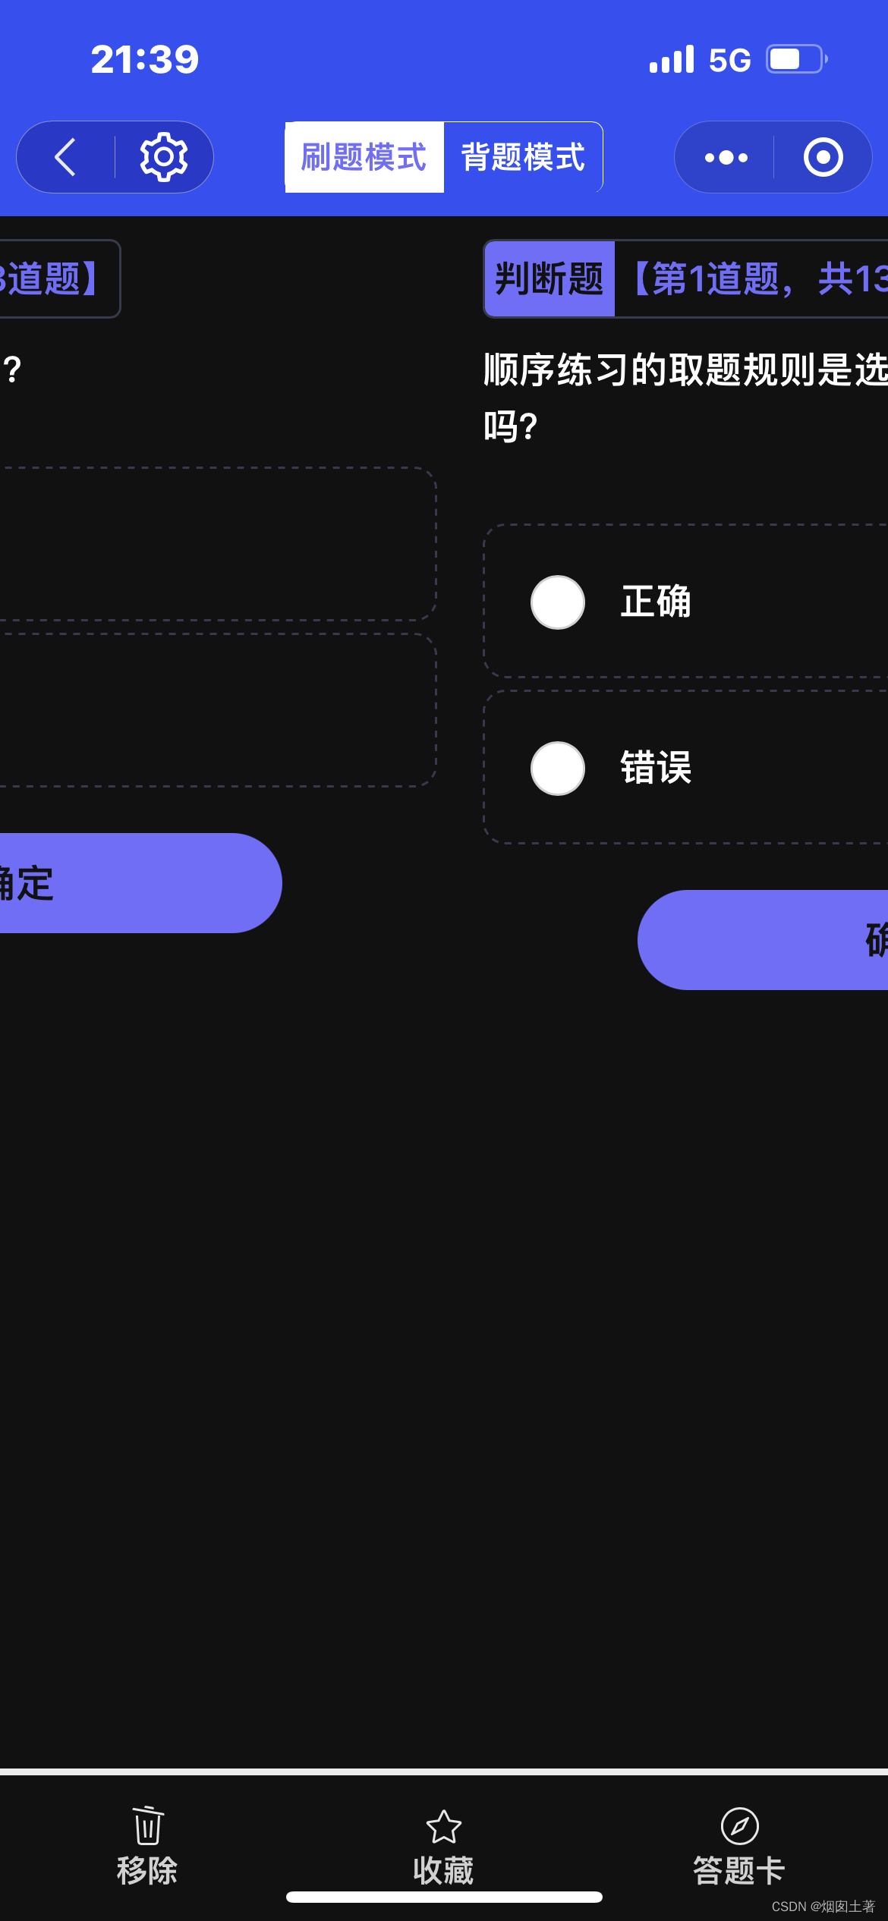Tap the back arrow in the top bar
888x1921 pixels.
point(66,157)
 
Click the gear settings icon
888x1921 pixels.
point(163,157)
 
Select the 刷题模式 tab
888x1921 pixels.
point(364,157)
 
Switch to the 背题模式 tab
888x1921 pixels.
point(523,157)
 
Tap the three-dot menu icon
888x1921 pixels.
point(726,157)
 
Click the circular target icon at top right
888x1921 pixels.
point(823,157)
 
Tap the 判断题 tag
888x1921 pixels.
point(549,278)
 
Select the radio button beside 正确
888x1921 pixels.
point(558,602)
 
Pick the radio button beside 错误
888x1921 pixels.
point(558,768)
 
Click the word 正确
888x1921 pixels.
point(656,602)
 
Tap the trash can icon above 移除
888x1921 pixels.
point(147,1825)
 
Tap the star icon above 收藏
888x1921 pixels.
point(444,1826)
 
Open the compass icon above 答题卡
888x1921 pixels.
point(739,1825)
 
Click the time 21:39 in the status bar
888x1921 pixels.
point(145,59)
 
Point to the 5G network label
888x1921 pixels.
point(729,60)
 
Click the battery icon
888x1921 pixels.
point(795,59)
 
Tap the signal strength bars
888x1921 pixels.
point(672,59)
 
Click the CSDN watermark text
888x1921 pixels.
point(823,1907)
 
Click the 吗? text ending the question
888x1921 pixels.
point(511,426)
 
